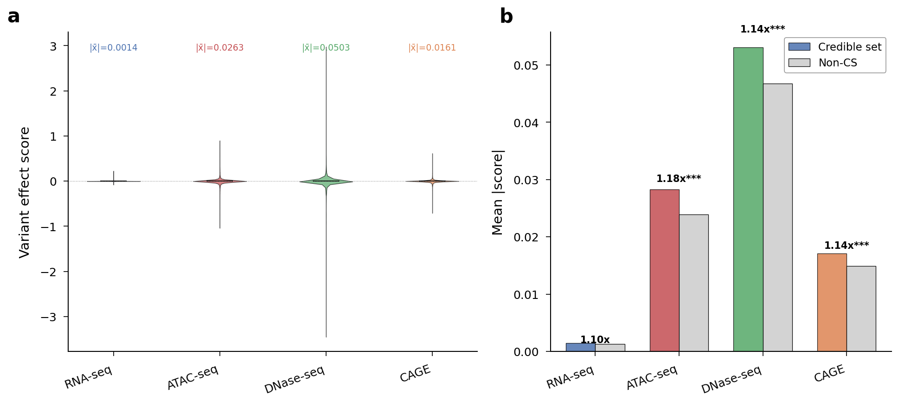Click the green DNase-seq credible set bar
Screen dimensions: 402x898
(748, 200)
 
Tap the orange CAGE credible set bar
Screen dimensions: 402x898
(832, 302)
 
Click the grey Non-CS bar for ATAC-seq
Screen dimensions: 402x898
(693, 283)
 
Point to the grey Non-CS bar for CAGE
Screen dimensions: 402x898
(861, 309)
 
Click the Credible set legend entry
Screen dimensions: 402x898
(835, 47)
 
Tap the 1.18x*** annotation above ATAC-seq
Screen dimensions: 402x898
(679, 179)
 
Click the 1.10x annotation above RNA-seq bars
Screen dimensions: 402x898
(595, 340)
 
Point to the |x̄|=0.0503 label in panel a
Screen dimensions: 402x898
(326, 48)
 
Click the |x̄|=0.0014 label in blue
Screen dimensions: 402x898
(114, 48)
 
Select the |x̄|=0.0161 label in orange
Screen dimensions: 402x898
(432, 48)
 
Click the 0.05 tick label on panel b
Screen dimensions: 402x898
(526, 65)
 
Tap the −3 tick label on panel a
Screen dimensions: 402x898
(49, 317)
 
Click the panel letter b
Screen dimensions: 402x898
(506, 17)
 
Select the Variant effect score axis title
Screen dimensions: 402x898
(25, 192)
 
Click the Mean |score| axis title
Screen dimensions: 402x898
(498, 192)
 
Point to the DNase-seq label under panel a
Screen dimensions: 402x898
(295, 380)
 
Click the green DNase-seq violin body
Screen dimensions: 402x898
(326, 182)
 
